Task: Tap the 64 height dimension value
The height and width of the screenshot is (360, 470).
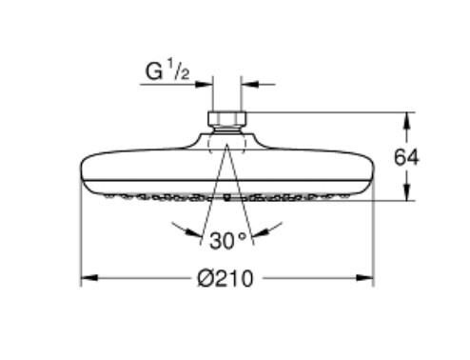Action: tap(406, 157)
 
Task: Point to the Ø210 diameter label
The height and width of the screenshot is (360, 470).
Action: tap(227, 278)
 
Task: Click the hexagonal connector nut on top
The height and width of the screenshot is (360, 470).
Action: tap(226, 122)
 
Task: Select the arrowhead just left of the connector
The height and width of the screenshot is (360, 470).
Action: tap(206, 84)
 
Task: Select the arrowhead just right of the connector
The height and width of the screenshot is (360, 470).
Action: tap(246, 84)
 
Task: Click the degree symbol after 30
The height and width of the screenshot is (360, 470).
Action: tap(244, 233)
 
